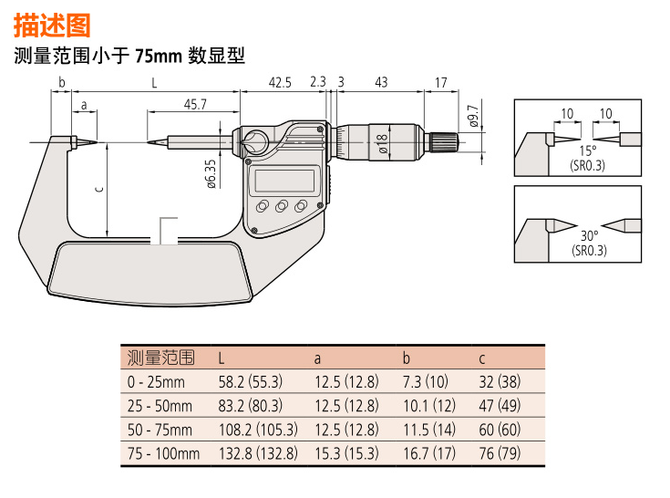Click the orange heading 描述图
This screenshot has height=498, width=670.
[52, 26]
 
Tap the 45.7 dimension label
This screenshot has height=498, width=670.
[195, 104]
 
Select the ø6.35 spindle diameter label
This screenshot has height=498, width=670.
[211, 174]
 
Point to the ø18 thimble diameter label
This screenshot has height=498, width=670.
[383, 143]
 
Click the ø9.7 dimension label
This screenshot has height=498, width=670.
[473, 116]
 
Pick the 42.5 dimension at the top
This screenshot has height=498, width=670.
[280, 82]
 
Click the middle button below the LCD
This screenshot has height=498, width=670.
[282, 206]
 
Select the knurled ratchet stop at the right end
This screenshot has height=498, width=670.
[444, 142]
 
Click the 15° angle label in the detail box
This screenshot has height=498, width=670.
[588, 150]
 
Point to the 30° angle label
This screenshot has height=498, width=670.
[589, 235]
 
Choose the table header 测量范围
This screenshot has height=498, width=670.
[161, 358]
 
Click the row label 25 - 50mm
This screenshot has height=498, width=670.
[160, 406]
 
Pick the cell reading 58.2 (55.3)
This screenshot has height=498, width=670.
[251, 382]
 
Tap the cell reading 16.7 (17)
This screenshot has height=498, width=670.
[429, 453]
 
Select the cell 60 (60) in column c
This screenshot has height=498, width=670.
[500, 430]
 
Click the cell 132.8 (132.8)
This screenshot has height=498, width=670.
[258, 453]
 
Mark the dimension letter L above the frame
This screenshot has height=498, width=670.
[154, 82]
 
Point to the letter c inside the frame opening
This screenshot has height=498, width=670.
[99, 189]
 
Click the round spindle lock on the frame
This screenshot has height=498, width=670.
[254, 142]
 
